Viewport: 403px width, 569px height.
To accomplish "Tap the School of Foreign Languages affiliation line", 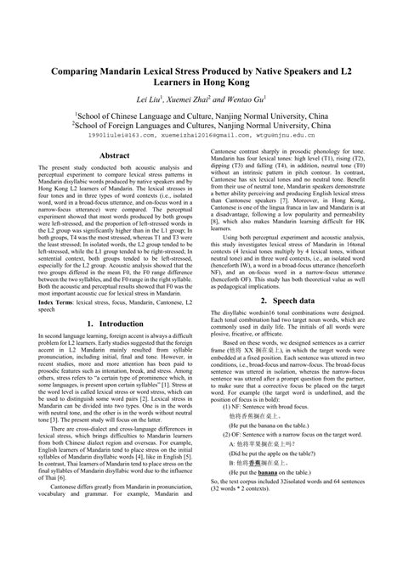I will [x=201, y=123].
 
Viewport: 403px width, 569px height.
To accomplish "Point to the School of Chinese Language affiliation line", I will [x=201, y=112].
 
